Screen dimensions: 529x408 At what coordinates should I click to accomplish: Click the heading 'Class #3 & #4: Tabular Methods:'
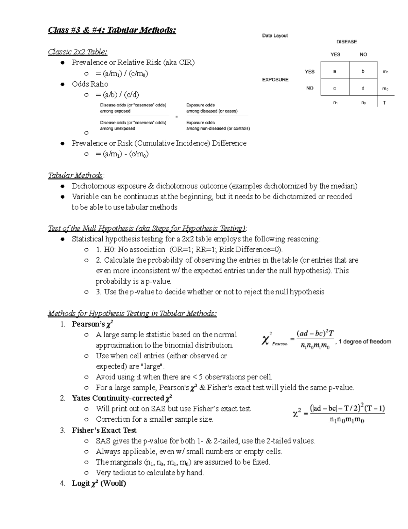[112, 30]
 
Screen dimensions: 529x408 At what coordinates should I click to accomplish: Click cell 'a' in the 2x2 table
[335, 72]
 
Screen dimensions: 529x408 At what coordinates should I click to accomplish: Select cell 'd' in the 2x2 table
[363, 88]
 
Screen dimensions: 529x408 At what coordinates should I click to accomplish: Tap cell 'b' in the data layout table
[363, 72]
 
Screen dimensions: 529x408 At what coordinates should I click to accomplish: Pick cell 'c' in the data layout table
[335, 88]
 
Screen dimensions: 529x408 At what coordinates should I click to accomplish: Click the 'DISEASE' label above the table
[346, 42]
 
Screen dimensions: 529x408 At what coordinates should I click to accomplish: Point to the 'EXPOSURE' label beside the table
[275, 79]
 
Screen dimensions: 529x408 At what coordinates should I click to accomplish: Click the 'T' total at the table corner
[385, 103]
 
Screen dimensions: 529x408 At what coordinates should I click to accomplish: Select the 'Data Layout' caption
[275, 35]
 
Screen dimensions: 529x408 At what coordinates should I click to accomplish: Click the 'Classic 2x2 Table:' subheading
[78, 52]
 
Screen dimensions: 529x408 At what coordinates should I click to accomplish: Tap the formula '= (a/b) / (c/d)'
[117, 95]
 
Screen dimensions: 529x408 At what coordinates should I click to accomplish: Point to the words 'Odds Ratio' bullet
[90, 84]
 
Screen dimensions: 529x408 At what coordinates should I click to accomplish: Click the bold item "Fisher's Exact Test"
[104, 430]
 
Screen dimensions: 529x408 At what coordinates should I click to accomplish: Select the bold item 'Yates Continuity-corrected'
[118, 398]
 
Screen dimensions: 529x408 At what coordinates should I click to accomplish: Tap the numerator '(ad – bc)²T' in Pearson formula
[315, 333]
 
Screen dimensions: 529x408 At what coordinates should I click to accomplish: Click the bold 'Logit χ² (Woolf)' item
[99, 483]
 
